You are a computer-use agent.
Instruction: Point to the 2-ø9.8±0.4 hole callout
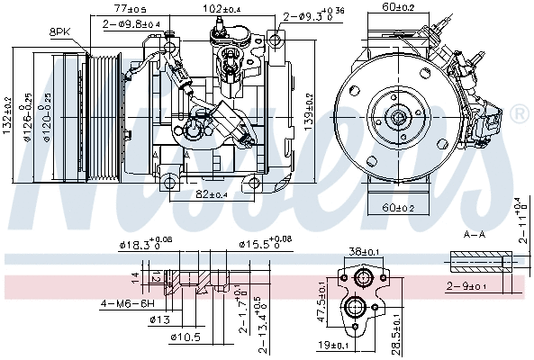pyautogui.click(x=131, y=23)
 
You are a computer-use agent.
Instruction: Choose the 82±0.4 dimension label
pyautogui.click(x=213, y=193)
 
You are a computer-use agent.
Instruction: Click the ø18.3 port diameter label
pyautogui.click(x=147, y=244)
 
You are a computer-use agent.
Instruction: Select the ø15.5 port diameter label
pyautogui.click(x=267, y=244)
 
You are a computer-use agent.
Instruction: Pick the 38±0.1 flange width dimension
pyautogui.click(x=365, y=252)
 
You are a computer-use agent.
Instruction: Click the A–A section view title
pyautogui.click(x=475, y=232)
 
